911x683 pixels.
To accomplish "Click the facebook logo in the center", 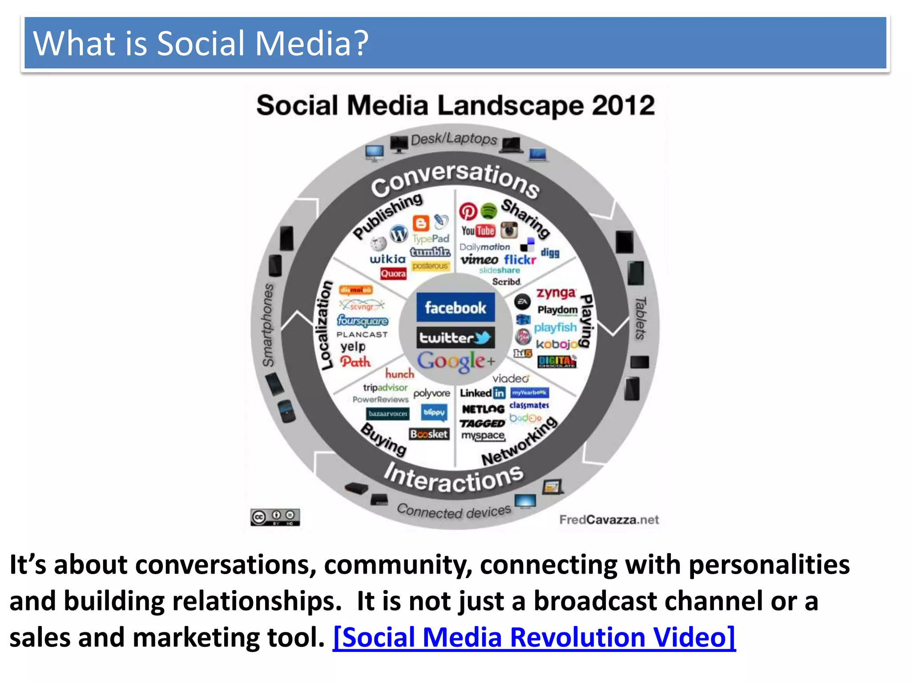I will coord(455,307).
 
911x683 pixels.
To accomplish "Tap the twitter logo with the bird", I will coord(455,338).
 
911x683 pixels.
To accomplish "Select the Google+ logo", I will coord(455,361).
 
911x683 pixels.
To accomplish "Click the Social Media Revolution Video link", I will coord(534,637).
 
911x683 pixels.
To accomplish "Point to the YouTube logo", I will coord(478,231).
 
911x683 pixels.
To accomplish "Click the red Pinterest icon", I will coord(468,212).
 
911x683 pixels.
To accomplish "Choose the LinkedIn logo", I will coord(483,393).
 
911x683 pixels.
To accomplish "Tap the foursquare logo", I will coord(363,321).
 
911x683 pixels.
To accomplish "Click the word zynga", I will coord(556,293).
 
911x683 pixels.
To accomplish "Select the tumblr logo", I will coord(430,252).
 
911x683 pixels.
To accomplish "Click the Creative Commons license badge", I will coord(275,517).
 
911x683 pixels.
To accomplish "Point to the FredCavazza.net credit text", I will coord(609,520).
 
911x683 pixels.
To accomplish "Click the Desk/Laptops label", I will coord(454,139).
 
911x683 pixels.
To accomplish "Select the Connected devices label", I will coord(454,511).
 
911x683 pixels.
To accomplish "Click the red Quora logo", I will coord(393,274).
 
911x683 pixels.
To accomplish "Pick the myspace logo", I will coord(483,436).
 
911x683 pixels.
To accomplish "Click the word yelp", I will coord(353,346).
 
